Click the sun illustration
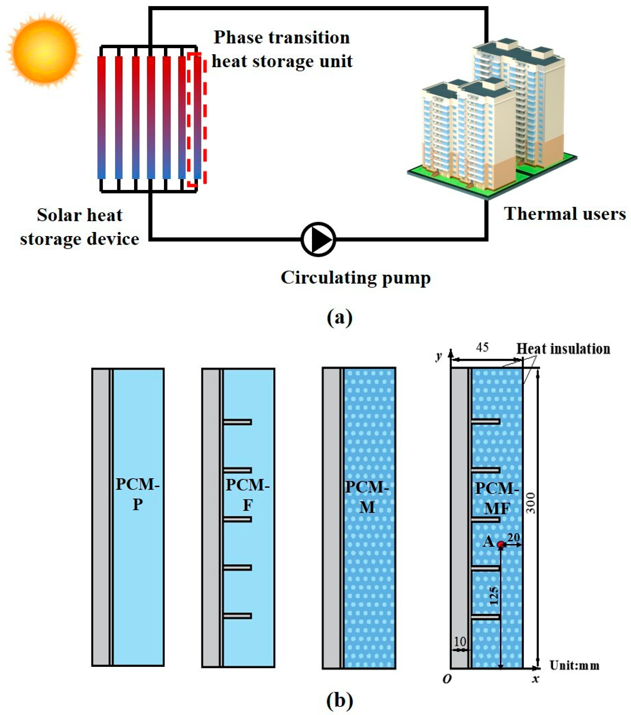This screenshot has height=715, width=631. (44, 49)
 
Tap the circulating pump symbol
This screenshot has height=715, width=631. (318, 239)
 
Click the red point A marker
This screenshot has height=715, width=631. (500, 544)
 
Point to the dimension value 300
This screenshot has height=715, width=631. (531, 503)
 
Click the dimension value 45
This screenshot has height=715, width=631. (482, 348)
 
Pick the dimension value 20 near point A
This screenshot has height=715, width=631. (513, 537)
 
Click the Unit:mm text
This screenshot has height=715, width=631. (574, 665)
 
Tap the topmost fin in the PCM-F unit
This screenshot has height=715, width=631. (237, 422)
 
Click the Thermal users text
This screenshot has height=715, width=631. (564, 214)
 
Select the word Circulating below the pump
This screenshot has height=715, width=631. (328, 278)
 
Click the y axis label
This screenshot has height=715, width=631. (439, 356)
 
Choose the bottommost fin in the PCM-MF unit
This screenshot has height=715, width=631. (485, 617)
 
